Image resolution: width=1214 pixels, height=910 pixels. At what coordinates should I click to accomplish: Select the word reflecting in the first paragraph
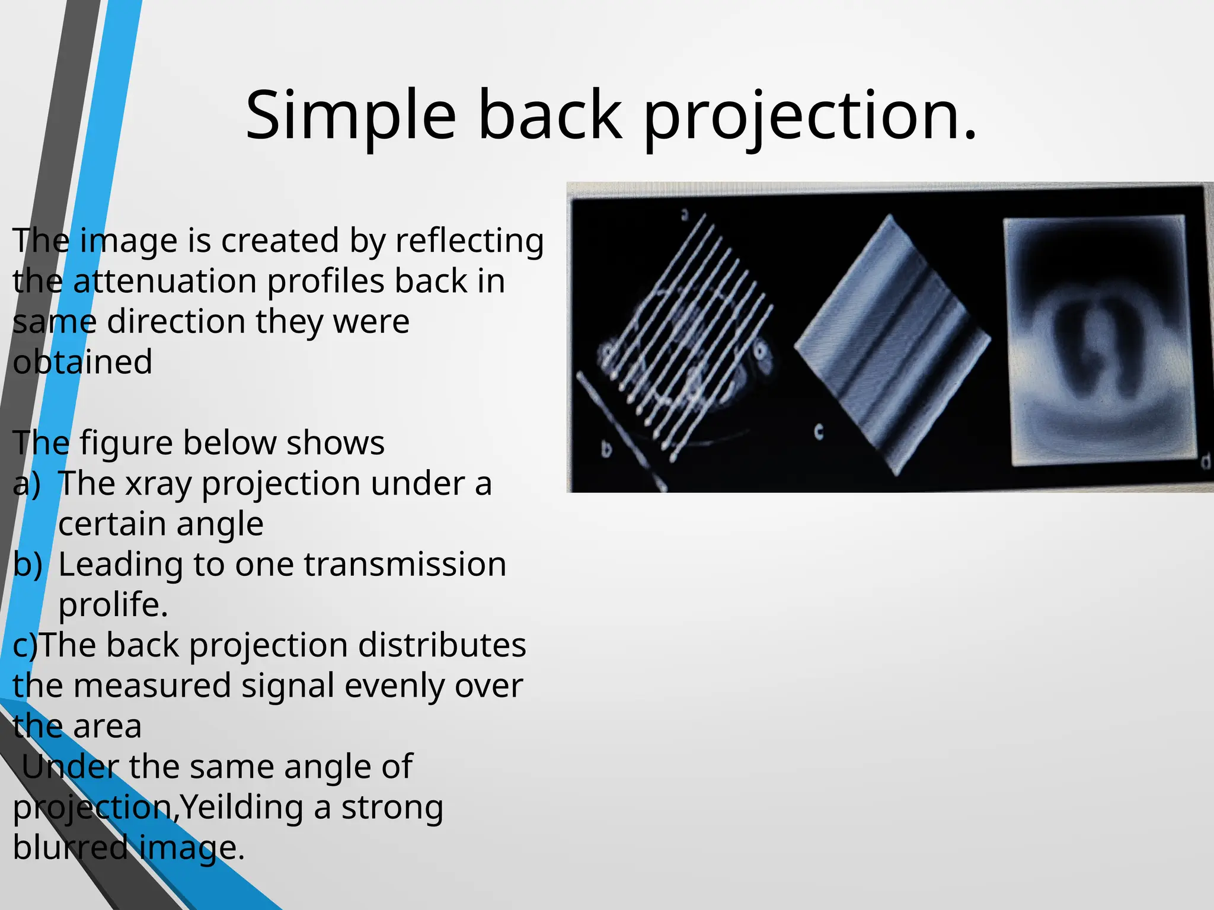pyautogui.click(x=469, y=241)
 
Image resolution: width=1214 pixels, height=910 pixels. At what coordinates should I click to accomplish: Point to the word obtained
pyautogui.click(x=82, y=362)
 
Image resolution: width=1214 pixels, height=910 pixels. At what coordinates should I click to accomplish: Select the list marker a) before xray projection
pyautogui.click(x=27, y=483)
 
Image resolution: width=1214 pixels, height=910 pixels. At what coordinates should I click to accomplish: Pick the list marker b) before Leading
pyautogui.click(x=27, y=565)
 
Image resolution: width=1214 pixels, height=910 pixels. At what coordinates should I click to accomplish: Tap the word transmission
pyautogui.click(x=405, y=565)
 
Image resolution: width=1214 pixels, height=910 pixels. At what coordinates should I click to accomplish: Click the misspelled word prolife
pyautogui.click(x=113, y=605)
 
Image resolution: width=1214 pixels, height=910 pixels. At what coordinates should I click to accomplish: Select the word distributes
pyautogui.click(x=442, y=645)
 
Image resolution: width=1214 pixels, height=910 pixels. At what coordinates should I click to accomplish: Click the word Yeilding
pyautogui.click(x=242, y=808)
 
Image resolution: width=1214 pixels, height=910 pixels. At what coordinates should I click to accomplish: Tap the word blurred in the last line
pyautogui.click(x=70, y=848)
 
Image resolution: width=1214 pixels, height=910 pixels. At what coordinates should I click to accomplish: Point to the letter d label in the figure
pyautogui.click(x=1205, y=460)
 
